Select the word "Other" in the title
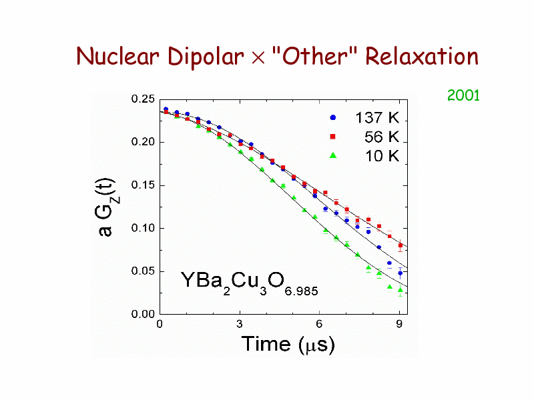[x=312, y=57]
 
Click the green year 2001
[x=463, y=95]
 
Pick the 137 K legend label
[x=376, y=119]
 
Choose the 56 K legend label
[x=381, y=137]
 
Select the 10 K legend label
[x=381, y=156]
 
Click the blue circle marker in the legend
[x=333, y=118]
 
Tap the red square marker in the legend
[x=333, y=137]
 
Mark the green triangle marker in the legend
[x=333, y=155]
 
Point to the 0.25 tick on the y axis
[x=144, y=99]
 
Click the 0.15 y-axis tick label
[x=144, y=185]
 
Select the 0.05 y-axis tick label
[x=144, y=271]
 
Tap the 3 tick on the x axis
[x=239, y=325]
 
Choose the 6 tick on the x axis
[x=319, y=325]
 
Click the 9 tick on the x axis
[x=399, y=325]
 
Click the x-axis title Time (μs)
[x=288, y=344]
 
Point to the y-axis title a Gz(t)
[x=107, y=207]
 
